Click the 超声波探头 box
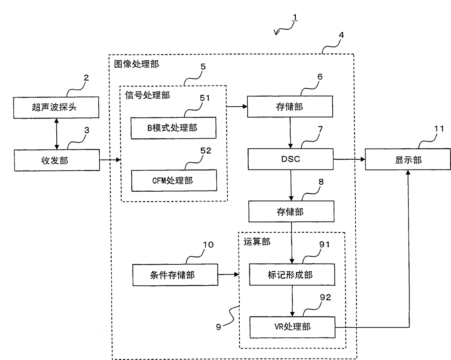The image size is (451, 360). click(56, 107)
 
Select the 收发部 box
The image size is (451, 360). click(57, 160)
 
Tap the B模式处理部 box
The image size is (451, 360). click(173, 128)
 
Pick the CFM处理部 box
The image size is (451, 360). click(174, 180)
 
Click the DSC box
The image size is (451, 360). click(290, 159)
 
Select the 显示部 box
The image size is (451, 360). click(408, 160)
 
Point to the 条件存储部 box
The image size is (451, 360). click(175, 275)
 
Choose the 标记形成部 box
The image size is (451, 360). click(292, 275)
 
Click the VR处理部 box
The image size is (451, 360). click(292, 327)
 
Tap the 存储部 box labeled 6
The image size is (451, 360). click(290, 107)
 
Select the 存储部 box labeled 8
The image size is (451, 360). click(291, 212)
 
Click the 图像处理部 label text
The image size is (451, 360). click(136, 64)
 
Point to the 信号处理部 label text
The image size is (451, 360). click(147, 95)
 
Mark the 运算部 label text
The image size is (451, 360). click(257, 241)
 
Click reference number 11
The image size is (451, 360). click(439, 128)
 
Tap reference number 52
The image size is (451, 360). click(205, 151)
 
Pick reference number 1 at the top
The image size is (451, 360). click(295, 17)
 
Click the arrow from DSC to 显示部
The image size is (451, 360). click(349, 159)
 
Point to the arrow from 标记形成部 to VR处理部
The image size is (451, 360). click(292, 301)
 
